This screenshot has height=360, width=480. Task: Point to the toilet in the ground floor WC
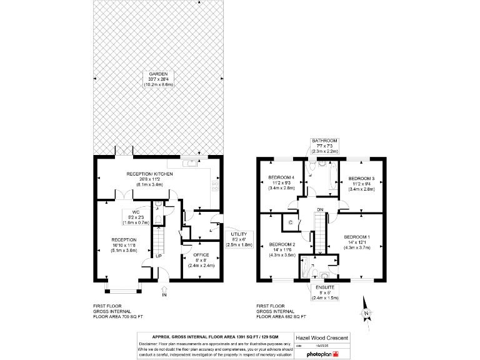tap(160, 204)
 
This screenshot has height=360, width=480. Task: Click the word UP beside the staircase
tap(159, 256)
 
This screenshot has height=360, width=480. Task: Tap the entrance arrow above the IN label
tap(164, 289)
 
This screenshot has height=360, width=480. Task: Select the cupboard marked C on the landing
tap(291, 222)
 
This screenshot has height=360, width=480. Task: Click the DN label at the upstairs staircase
tap(321, 209)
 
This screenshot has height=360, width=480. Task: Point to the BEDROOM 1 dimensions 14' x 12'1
tap(357, 242)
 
